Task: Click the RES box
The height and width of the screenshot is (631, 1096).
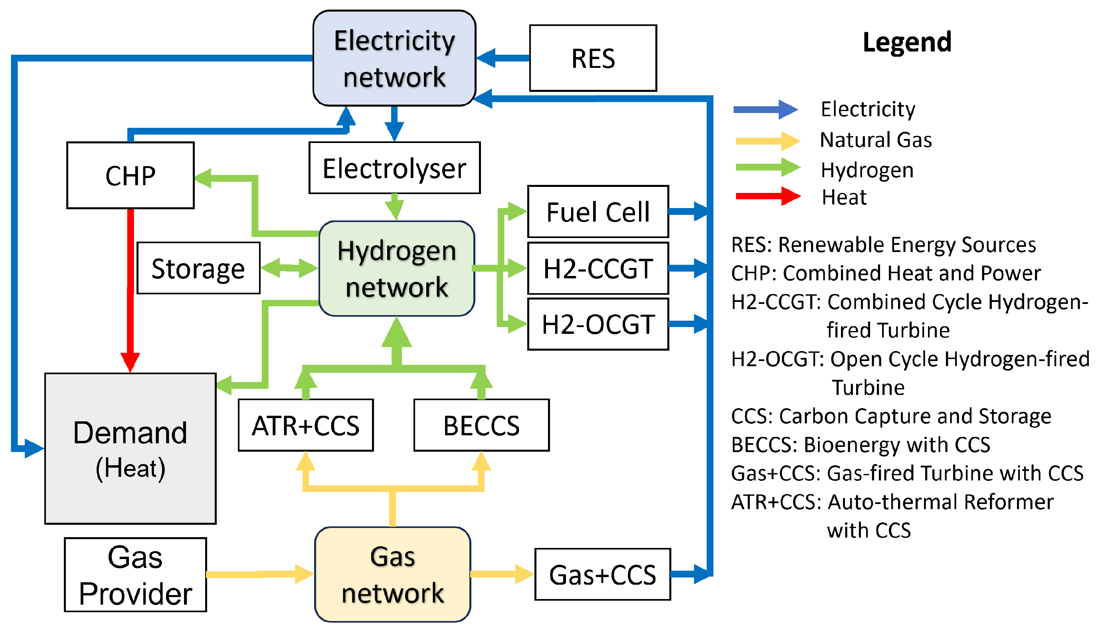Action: tap(592, 58)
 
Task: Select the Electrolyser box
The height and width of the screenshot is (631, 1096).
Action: tap(394, 168)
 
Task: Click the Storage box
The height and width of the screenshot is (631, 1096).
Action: tap(198, 268)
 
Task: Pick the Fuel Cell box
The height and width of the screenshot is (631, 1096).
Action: tap(597, 212)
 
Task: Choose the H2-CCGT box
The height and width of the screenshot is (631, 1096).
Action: tap(597, 268)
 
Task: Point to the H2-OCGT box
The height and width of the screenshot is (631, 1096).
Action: tap(597, 324)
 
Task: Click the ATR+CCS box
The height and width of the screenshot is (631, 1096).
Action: tap(305, 425)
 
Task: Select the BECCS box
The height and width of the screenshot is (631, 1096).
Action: tap(481, 425)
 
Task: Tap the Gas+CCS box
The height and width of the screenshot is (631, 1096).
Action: tap(602, 574)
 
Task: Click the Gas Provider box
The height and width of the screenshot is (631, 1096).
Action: tap(135, 575)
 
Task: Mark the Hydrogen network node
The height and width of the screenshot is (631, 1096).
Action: tap(396, 269)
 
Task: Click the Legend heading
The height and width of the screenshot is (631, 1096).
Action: tap(907, 42)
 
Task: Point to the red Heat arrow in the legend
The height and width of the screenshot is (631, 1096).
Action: tap(768, 196)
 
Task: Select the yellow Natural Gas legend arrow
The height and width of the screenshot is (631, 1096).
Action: tap(768, 141)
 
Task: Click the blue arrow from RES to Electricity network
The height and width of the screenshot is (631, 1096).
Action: tap(502, 58)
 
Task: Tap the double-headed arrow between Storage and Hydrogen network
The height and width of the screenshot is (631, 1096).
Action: tap(289, 268)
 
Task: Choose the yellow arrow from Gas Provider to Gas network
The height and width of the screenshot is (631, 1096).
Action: tap(260, 574)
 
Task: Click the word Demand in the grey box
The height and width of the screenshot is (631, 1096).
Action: tap(130, 433)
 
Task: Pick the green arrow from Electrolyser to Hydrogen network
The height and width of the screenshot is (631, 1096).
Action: tap(394, 207)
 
